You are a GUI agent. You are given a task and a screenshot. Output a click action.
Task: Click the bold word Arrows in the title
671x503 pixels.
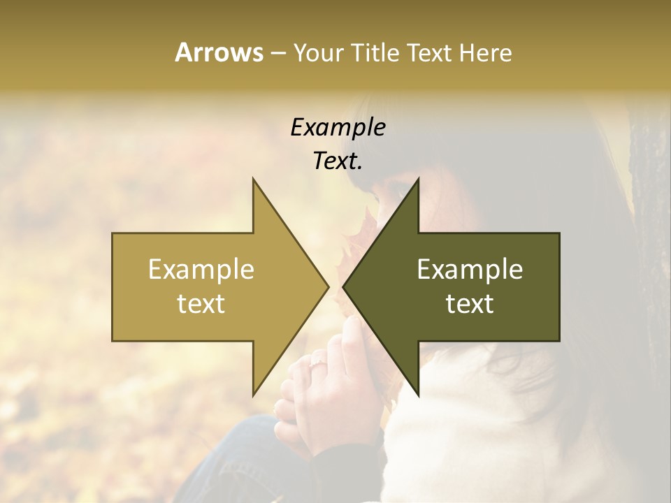click(x=219, y=52)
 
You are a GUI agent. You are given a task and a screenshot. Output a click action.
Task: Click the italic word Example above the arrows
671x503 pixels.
click(x=338, y=128)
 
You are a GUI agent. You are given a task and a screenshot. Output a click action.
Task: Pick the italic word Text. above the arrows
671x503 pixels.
click(x=338, y=161)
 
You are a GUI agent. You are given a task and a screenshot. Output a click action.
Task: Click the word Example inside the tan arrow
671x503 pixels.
click(x=201, y=270)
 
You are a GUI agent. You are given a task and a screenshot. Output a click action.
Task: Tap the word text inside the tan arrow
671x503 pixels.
click(x=201, y=304)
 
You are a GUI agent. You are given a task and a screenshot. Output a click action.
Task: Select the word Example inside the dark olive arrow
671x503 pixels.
click(x=470, y=270)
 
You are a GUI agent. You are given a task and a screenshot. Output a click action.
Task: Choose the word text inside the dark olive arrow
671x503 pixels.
click(x=470, y=304)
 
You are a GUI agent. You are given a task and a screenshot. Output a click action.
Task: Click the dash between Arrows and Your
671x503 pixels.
click(x=277, y=54)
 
